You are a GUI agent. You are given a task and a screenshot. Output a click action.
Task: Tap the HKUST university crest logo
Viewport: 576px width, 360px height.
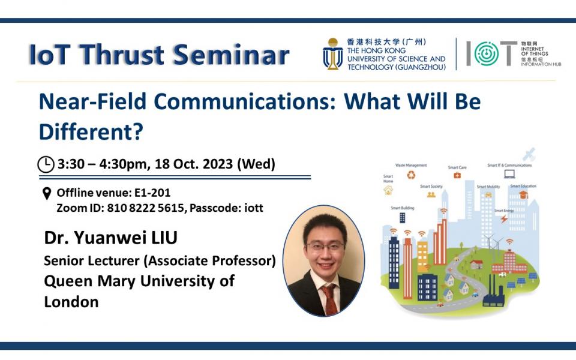click(332, 54)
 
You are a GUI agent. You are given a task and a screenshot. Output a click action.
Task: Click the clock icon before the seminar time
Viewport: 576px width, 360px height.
click(46, 164)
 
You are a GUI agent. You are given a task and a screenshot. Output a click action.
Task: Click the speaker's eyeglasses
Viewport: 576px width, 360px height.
click(325, 246)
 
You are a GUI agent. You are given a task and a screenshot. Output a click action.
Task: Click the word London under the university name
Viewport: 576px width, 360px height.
click(71, 302)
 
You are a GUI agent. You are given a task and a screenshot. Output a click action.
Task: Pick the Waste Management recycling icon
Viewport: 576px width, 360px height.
click(411, 175)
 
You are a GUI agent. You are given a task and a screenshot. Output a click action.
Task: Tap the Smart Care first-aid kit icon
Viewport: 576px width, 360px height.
click(457, 175)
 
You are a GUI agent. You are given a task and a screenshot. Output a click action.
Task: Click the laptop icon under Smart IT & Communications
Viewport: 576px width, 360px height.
click(509, 174)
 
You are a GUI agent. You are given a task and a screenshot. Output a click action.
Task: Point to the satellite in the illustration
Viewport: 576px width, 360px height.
click(529, 155)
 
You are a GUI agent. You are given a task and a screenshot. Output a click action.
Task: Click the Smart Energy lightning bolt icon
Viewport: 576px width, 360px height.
click(503, 219)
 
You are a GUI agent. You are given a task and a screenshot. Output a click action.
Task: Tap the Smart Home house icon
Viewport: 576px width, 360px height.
click(388, 191)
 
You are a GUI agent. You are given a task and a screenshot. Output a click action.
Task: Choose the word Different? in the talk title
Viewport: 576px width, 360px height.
click(91, 132)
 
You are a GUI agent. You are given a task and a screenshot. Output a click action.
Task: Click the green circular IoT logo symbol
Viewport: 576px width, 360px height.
click(486, 54)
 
